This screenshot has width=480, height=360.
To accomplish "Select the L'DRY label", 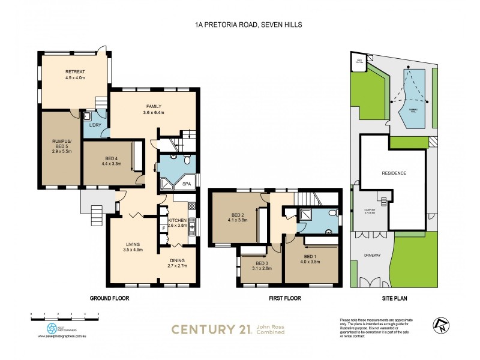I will [x=95, y=125].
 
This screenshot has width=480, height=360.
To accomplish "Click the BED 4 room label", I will [x=112, y=156].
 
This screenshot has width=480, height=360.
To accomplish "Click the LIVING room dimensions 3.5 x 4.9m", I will [x=133, y=249].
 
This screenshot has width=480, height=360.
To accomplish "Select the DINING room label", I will [x=176, y=260].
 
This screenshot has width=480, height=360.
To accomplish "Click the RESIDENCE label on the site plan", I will [x=394, y=173].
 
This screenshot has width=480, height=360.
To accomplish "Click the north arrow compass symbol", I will [x=439, y=325].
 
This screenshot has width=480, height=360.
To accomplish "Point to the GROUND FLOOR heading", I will [x=109, y=298].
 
